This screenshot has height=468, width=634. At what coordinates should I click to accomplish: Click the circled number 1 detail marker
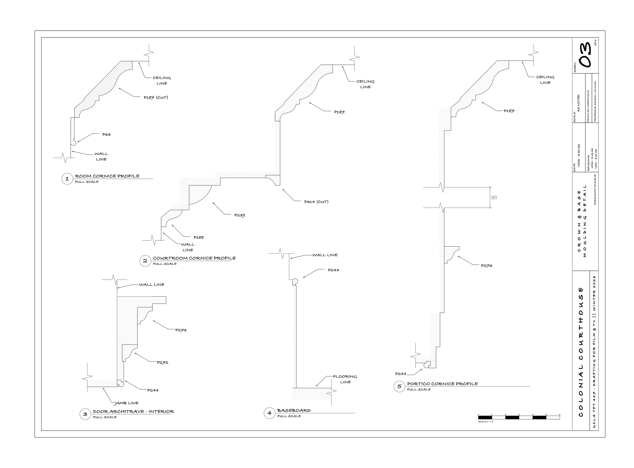point(67,179)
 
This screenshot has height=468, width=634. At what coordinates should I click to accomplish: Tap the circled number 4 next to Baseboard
point(269,413)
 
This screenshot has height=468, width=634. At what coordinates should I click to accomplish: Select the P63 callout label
point(106,135)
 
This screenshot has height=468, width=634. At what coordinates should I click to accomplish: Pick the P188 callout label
point(199,238)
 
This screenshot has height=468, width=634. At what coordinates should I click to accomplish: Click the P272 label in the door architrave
point(163,363)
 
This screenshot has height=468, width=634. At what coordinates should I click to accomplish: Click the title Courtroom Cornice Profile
point(194,258)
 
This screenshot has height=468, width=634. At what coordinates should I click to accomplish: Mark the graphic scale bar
point(519,417)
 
